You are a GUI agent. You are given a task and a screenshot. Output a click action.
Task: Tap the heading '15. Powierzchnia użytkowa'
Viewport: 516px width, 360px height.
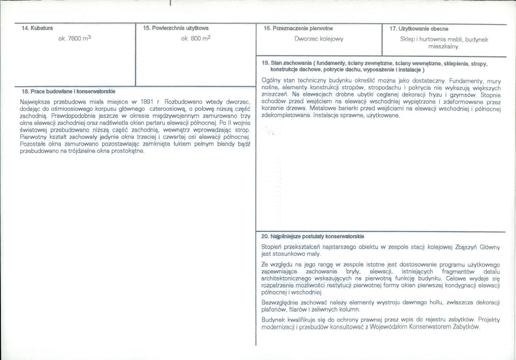coord(176,28)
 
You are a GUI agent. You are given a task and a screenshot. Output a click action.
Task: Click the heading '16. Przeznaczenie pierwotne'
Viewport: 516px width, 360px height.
coord(298,28)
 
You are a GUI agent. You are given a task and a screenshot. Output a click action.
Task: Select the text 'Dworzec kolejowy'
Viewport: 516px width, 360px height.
coord(319,39)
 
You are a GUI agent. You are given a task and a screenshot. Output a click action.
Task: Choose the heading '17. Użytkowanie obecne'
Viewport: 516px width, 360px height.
coord(419,29)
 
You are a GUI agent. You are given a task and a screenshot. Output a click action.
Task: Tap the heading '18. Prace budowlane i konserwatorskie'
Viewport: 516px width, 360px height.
coord(68,92)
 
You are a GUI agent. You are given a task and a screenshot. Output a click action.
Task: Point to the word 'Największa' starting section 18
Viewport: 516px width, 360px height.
coord(35,102)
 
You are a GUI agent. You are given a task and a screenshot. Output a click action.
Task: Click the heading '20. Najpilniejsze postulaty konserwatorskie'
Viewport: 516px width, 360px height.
coord(313,237)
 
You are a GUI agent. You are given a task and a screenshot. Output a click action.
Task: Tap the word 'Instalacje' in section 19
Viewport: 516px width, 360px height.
coord(327,116)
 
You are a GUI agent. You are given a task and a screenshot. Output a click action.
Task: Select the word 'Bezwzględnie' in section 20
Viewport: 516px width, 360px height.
coord(279,303)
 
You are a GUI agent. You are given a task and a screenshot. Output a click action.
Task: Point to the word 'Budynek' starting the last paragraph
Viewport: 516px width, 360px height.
coord(273,320)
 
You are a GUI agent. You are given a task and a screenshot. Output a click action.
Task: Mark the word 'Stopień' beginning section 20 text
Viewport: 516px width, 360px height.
coord(272,247)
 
